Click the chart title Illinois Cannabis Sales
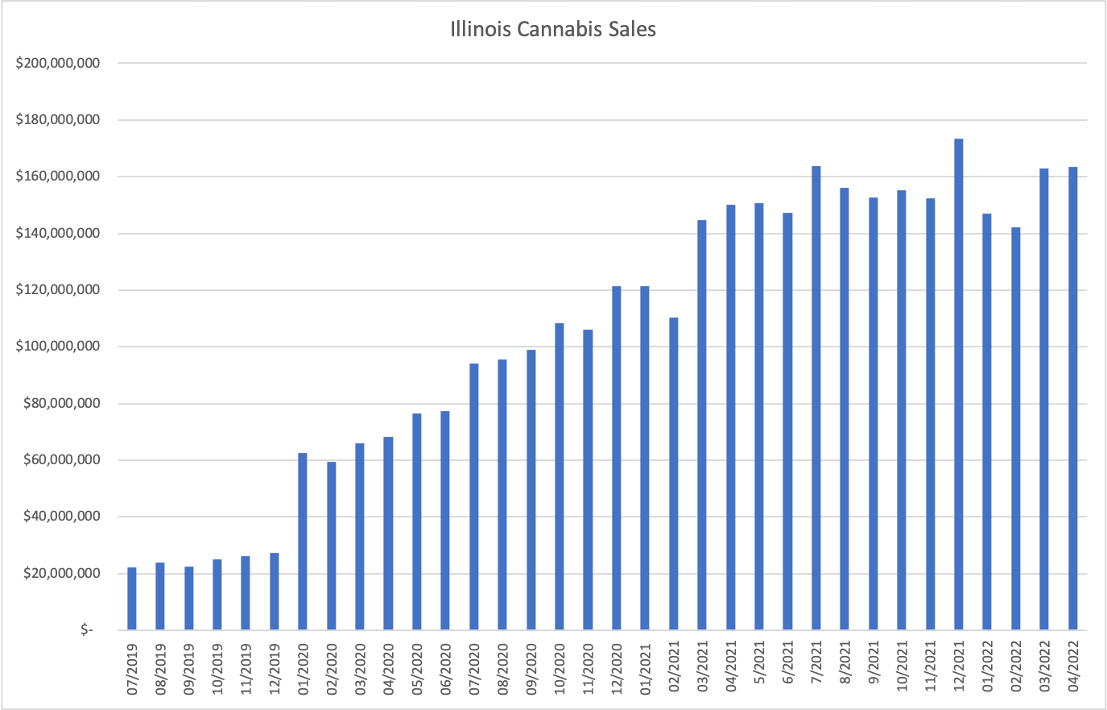pos(553,30)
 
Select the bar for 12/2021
pos(958,384)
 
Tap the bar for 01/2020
pos(303,542)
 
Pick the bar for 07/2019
pos(132,599)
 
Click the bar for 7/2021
pos(816,398)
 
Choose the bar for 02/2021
pos(673,474)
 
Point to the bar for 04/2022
pos(1072,398)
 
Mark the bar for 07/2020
pos(474,496)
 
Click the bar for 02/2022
pos(1015,429)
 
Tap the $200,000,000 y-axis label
pos(58,64)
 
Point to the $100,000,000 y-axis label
pos(58,347)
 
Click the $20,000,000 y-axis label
pos(58,574)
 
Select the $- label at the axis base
pos(86,630)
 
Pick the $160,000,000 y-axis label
pos(58,176)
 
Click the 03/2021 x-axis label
pos(703,667)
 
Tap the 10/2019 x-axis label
pos(217,667)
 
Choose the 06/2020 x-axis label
pos(445,667)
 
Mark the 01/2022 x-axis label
pos(988,667)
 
